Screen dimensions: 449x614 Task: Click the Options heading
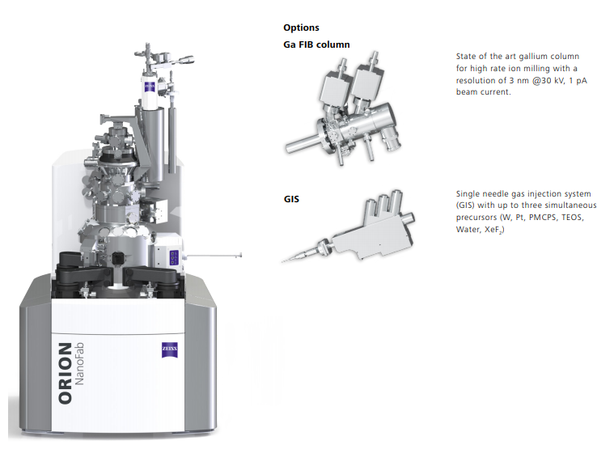(301, 28)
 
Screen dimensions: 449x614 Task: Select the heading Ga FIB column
(316, 44)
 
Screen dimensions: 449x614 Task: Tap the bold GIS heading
(291, 197)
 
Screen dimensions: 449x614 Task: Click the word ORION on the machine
(66, 372)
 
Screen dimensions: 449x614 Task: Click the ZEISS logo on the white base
(168, 349)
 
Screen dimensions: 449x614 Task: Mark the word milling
(526, 69)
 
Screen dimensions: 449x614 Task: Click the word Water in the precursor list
(468, 230)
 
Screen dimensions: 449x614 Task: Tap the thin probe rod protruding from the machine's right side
(215, 256)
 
